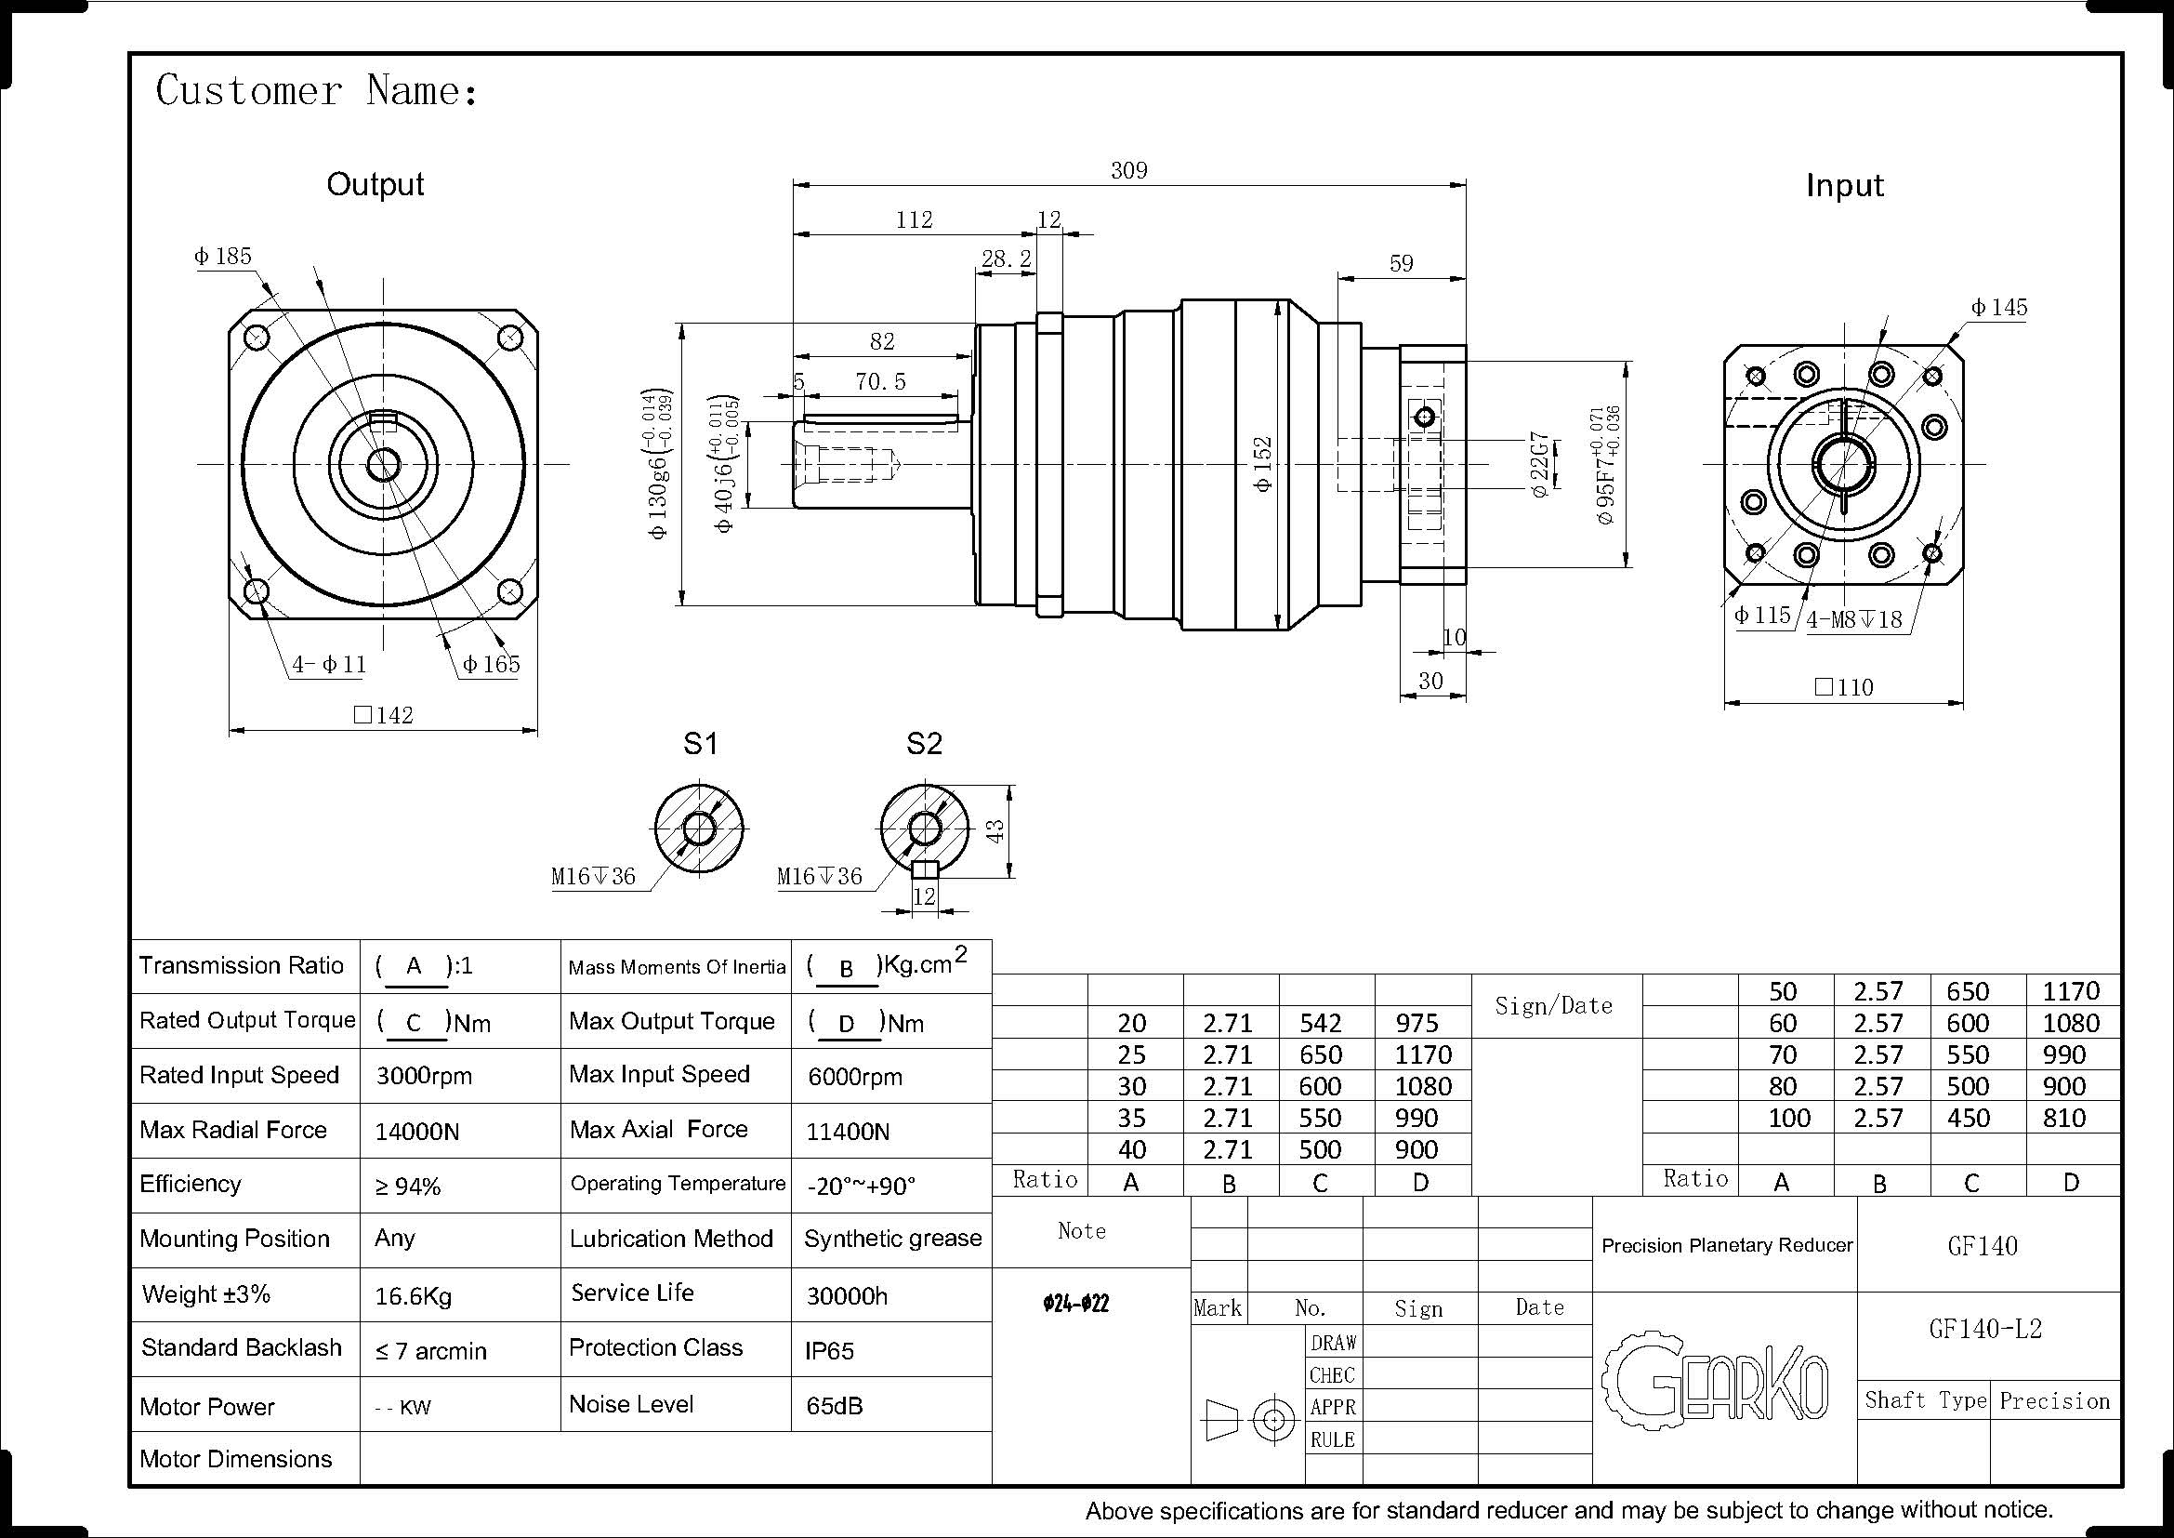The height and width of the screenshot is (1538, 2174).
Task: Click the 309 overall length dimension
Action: (x=1128, y=170)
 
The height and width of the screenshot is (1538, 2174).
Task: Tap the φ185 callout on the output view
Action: (x=223, y=257)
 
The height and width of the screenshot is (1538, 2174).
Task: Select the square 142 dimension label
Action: (x=384, y=715)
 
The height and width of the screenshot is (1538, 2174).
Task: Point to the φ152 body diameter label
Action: (x=1262, y=464)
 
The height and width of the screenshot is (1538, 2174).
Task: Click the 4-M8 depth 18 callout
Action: (x=1854, y=620)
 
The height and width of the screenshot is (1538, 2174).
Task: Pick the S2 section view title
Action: (x=924, y=744)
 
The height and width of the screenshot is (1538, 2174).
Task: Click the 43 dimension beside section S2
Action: (x=995, y=831)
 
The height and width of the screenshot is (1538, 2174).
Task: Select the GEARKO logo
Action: (x=1715, y=1379)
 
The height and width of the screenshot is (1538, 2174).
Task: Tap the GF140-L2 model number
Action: (x=1985, y=1329)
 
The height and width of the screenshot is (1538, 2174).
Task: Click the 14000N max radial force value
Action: (x=416, y=1132)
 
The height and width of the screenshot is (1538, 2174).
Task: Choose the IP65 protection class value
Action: (x=829, y=1351)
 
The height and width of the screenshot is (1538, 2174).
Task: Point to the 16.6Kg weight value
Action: (x=413, y=1296)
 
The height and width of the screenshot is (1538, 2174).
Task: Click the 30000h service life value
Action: (x=847, y=1296)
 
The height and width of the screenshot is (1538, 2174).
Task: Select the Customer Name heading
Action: (x=317, y=91)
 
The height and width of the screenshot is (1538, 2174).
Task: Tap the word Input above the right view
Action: (x=1844, y=186)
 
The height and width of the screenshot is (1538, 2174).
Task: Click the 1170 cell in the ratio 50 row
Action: (x=2071, y=991)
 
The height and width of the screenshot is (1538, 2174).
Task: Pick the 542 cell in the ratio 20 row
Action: (x=1320, y=1024)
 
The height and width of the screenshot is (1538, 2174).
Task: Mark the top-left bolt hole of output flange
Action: (x=257, y=338)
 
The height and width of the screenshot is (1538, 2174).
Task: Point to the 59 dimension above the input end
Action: (x=1402, y=263)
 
